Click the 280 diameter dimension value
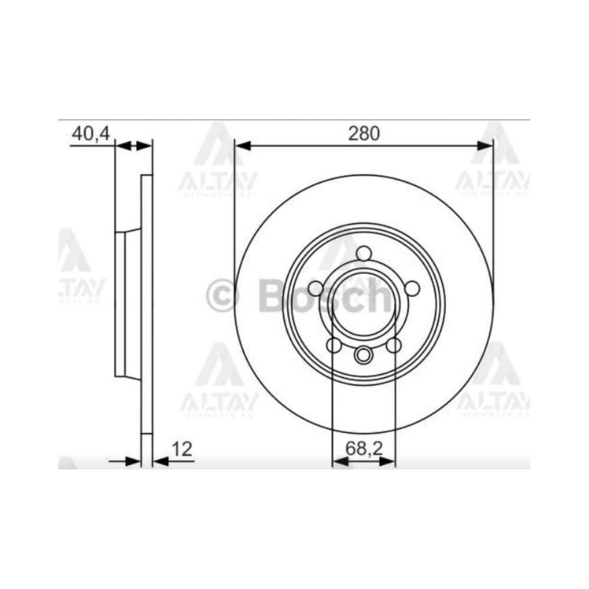pos(364,134)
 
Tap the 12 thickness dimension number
pos(182,449)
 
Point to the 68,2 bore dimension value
pos(364,449)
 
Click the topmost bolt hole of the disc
pos(364,253)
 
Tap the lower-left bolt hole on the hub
pos(334,346)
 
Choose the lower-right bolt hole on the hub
pos(394,346)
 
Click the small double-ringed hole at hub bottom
pos(364,354)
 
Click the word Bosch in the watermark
pos(324,295)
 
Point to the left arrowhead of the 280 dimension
pos(242,145)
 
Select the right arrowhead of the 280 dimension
pos(485,145)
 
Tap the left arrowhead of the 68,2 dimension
pos(340,461)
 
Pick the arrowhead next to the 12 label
pos(160,461)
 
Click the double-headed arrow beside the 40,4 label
pos(134,145)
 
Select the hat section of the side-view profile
pos(121,304)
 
